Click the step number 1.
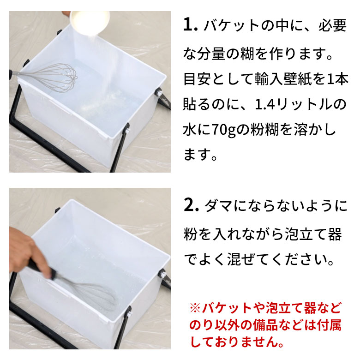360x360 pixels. (x=190, y=26)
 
